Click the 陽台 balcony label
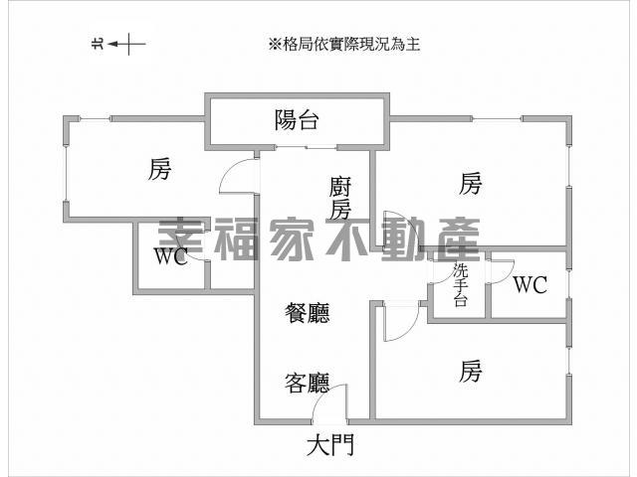coord(297,120)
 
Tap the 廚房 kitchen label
coord(339,198)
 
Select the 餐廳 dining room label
coord(308,313)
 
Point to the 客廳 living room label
coord(308,383)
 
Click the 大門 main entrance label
coord(330,444)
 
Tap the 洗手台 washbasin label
coord(461,285)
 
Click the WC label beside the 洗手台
coord(531,284)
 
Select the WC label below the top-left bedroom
coord(171,256)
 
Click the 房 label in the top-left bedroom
coord(159,169)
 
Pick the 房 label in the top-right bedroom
coord(471,183)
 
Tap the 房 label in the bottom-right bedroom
coord(471,371)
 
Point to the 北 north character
coord(99,44)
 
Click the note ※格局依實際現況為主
coord(343,44)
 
